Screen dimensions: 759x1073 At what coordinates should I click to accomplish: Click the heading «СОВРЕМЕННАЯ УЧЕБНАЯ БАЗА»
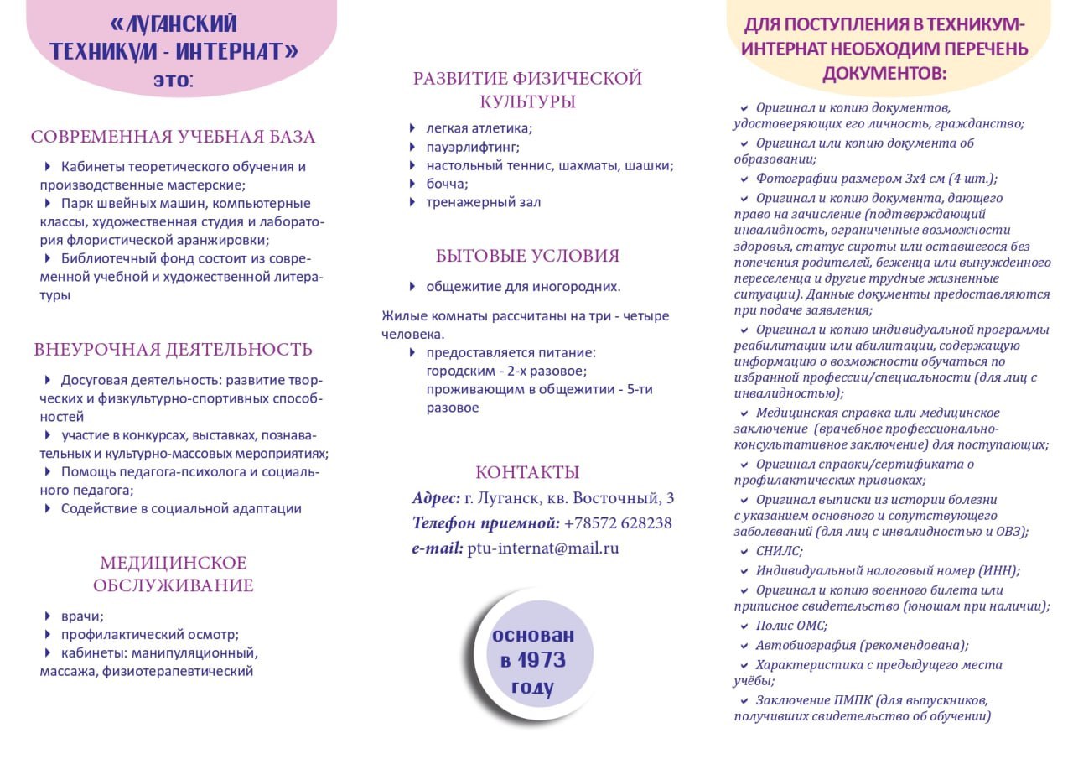tap(173, 137)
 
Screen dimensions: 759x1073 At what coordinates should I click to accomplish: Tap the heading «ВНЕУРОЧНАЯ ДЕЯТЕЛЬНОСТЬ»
tap(173, 350)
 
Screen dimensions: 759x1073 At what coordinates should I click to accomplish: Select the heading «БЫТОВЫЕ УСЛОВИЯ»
tap(527, 256)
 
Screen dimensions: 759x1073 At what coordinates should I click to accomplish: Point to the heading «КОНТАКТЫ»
tap(527, 472)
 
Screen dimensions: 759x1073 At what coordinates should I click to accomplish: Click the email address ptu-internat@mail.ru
tap(543, 548)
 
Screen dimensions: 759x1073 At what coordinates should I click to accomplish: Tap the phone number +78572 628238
tap(618, 523)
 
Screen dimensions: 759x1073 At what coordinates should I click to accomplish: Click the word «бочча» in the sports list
tap(447, 184)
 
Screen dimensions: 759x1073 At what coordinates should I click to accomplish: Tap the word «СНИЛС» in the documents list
tap(779, 551)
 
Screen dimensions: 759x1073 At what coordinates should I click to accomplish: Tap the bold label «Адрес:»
tap(436, 498)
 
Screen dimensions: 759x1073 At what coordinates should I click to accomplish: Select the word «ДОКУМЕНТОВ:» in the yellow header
tap(884, 74)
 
